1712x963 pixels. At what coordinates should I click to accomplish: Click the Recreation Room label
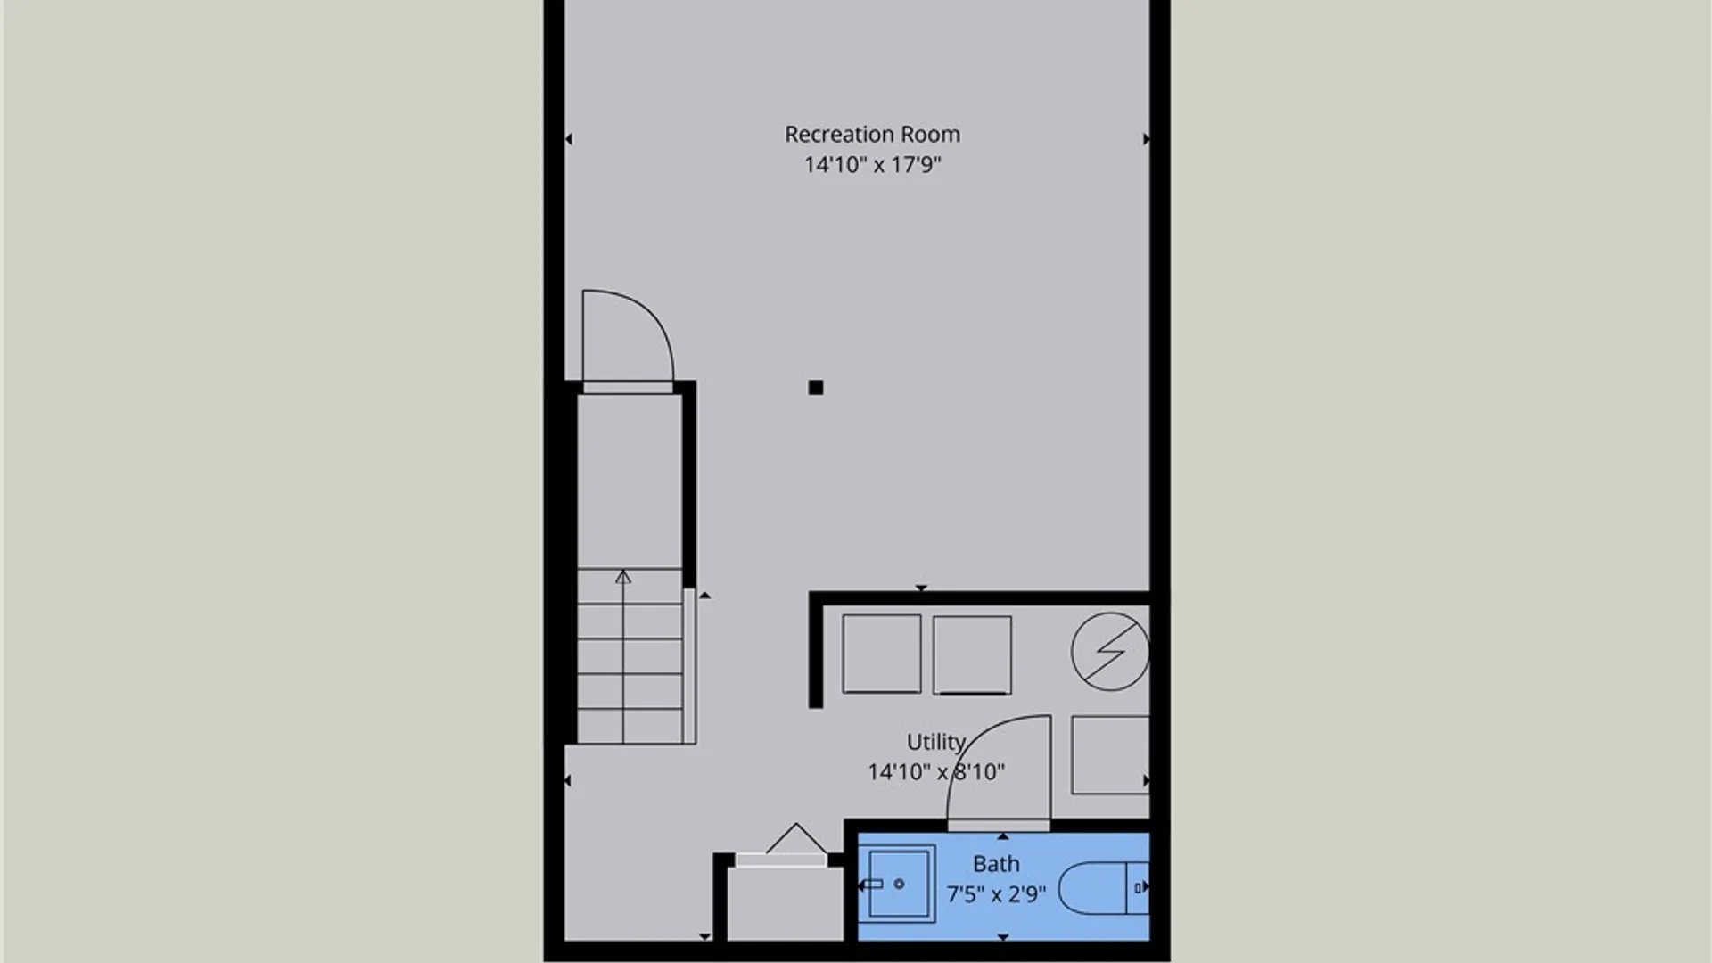[x=872, y=135]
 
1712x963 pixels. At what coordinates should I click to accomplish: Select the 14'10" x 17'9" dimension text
[x=872, y=165]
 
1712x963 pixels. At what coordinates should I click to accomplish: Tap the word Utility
[x=935, y=742]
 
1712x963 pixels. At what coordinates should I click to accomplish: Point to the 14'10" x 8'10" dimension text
[x=935, y=772]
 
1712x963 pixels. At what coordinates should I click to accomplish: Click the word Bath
[x=995, y=864]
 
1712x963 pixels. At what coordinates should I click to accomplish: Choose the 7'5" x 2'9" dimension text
[x=995, y=893]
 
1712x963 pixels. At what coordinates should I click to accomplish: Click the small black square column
[x=816, y=388]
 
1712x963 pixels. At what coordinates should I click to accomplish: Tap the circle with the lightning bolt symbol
[x=1110, y=652]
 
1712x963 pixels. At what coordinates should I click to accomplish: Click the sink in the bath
[x=901, y=884]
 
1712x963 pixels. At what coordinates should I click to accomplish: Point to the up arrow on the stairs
[x=623, y=579]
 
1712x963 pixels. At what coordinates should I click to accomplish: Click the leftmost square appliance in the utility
[x=881, y=654]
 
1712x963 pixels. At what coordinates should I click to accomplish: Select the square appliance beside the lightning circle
[x=972, y=654]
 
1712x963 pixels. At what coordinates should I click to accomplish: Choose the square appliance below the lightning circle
[x=1110, y=754]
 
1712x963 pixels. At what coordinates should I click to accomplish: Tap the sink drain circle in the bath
[x=899, y=884]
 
